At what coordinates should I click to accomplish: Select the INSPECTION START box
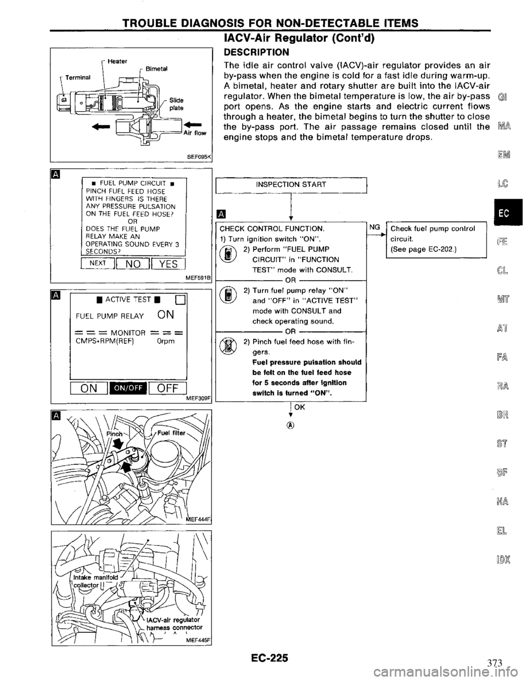(291, 184)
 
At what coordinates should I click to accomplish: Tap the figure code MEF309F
(199, 391)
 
